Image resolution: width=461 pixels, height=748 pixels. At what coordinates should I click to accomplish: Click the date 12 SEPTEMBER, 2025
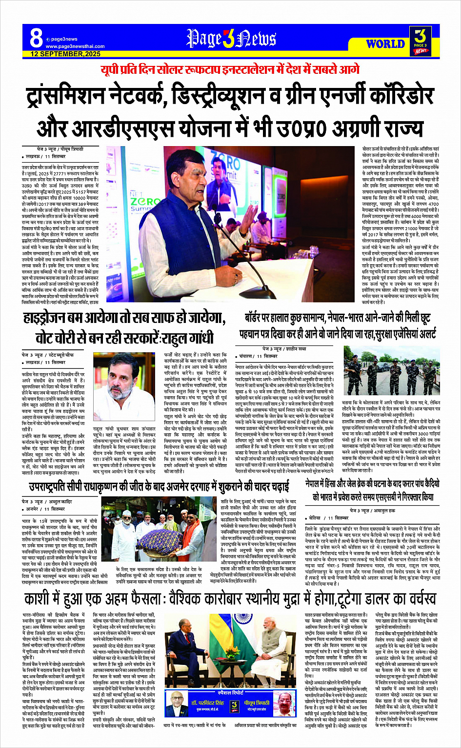[x=65, y=54]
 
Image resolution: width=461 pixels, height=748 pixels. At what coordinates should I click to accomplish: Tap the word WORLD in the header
[x=385, y=44]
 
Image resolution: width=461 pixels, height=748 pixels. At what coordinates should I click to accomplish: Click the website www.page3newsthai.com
[x=75, y=46]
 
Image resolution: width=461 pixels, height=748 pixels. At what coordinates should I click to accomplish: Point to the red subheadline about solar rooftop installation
[x=230, y=69]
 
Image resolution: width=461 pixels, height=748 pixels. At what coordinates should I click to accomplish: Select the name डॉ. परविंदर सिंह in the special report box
[x=207, y=703]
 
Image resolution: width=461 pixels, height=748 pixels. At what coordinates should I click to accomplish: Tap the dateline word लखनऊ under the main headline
[x=33, y=156]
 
